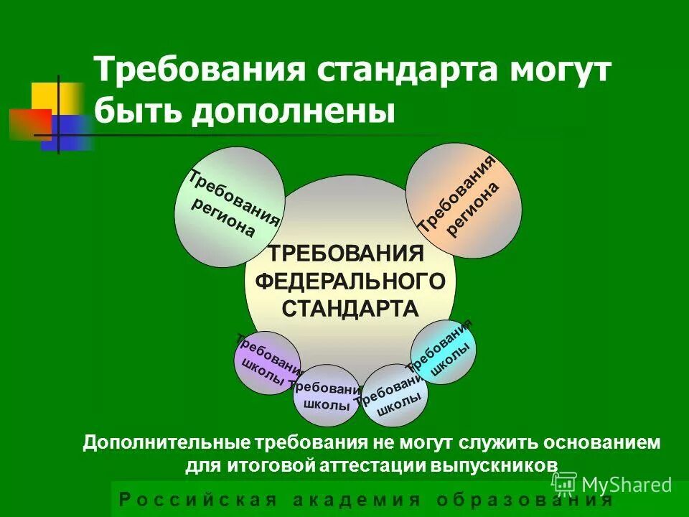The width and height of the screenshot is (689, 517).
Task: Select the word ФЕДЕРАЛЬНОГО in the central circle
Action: [355, 280]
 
